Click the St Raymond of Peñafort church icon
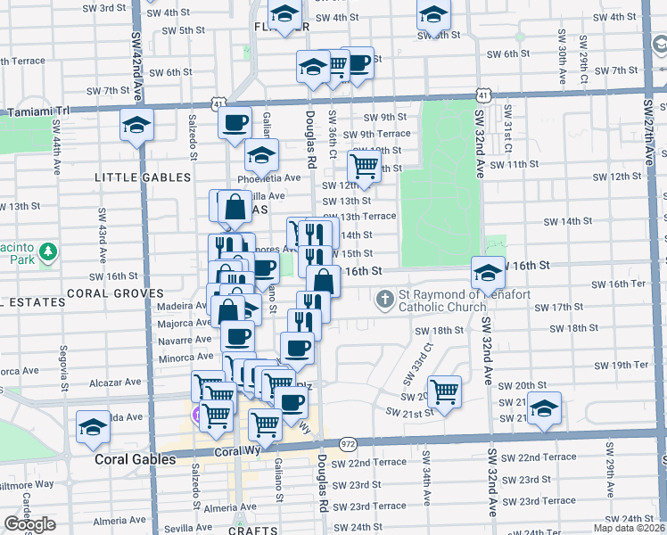(384, 298)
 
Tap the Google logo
(29, 524)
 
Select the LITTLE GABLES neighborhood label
(130, 177)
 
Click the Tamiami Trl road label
(37, 111)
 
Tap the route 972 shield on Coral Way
(348, 442)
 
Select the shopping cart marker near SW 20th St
(443, 390)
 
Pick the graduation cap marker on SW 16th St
(487, 273)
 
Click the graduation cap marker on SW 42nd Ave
(136, 125)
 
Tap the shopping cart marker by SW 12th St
(364, 165)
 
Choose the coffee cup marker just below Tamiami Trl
(235, 122)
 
